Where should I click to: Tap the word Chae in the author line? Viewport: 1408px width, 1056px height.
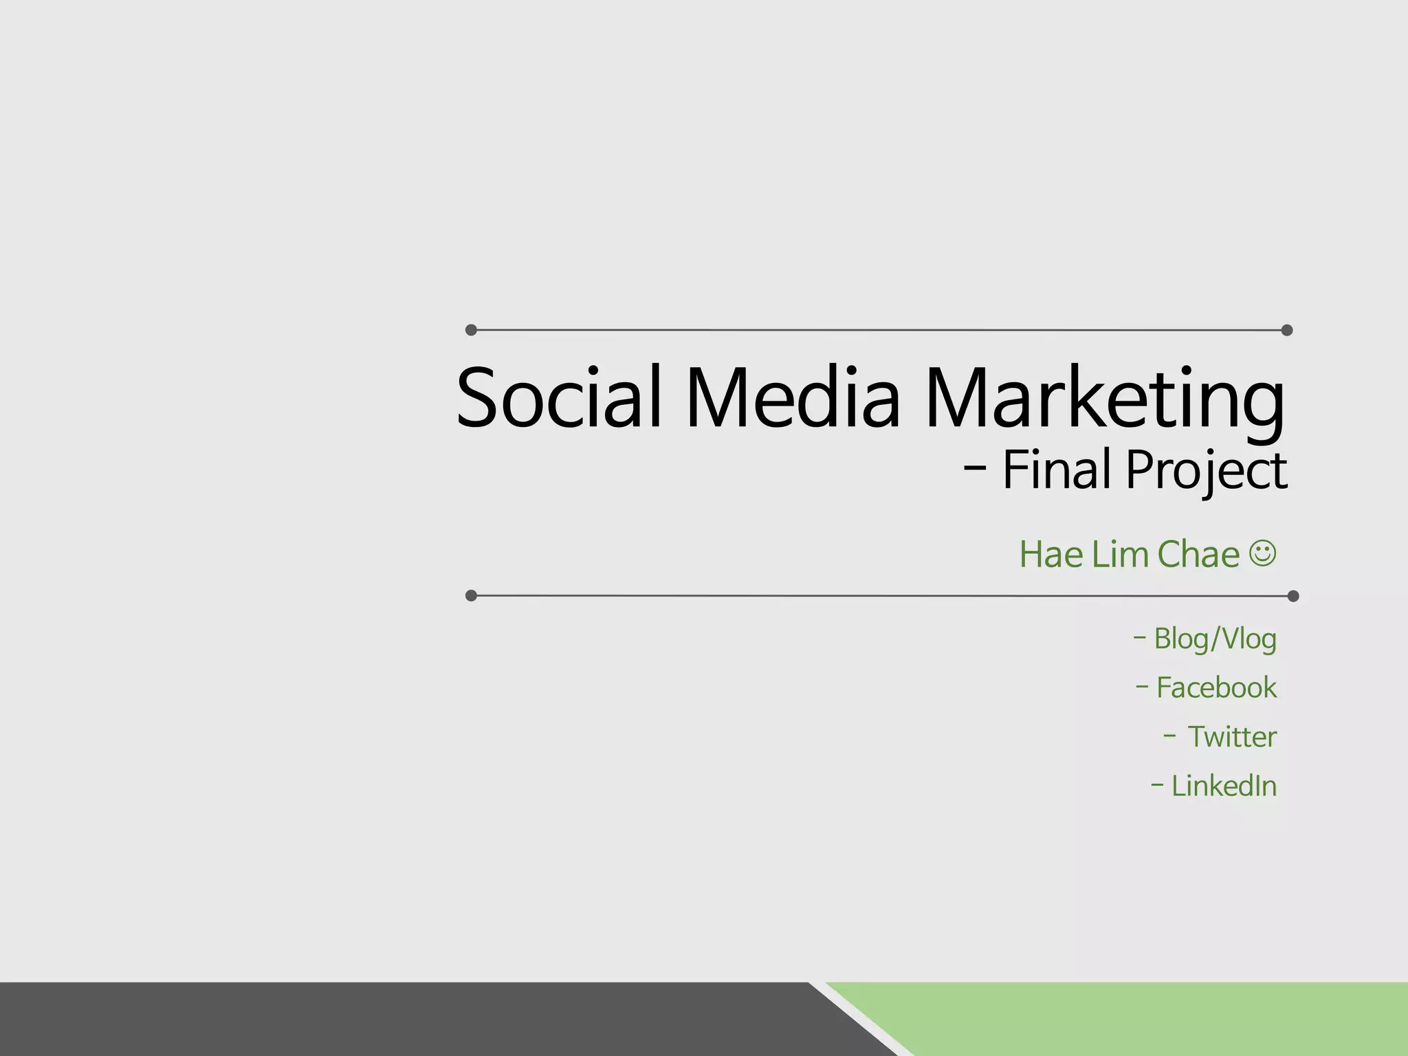1198,554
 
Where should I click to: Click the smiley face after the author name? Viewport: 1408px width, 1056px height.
1262,553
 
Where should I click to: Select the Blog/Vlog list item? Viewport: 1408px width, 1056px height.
1214,639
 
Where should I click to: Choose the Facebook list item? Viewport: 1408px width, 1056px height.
1215,687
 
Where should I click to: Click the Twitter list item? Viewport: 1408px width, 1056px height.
1231,737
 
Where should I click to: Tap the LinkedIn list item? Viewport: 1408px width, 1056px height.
1223,786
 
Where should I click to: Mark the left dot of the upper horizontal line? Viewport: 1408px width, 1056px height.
471,330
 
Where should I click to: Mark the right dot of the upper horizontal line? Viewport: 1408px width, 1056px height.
1287,330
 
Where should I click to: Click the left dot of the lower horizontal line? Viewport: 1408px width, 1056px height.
471,595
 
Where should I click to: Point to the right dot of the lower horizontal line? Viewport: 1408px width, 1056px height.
1292,595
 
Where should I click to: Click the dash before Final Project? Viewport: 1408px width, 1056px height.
975,469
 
